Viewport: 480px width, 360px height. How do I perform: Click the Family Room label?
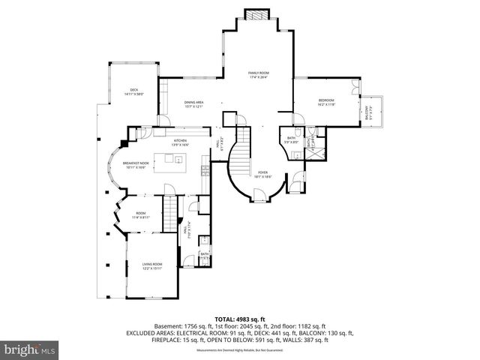pos(258,74)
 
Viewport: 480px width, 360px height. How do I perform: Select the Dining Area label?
pos(193,105)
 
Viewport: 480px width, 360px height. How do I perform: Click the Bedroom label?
pos(325,102)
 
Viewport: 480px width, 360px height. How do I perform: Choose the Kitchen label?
pos(181,142)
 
